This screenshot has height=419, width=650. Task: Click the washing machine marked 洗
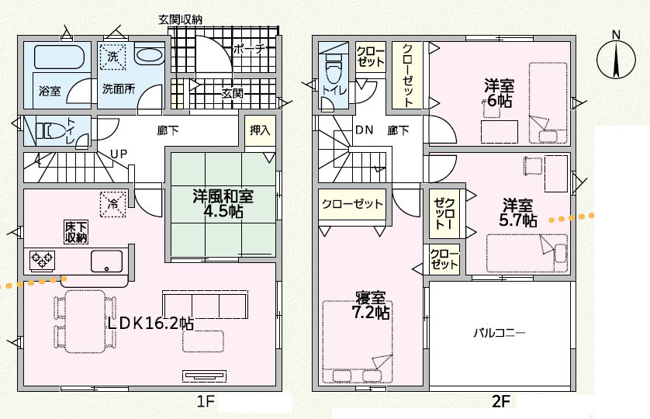[113, 57]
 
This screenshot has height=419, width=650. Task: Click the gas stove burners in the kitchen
[41, 260]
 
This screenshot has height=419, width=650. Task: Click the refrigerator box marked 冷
[112, 203]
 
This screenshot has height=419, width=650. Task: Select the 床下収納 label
[75, 232]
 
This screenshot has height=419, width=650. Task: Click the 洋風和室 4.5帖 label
[223, 203]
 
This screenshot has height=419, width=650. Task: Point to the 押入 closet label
[261, 130]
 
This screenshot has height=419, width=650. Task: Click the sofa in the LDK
[204, 302]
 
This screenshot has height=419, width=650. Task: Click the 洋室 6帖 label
[499, 92]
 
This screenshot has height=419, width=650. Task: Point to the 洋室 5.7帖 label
[518, 212]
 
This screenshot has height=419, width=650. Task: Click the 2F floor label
[500, 402]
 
